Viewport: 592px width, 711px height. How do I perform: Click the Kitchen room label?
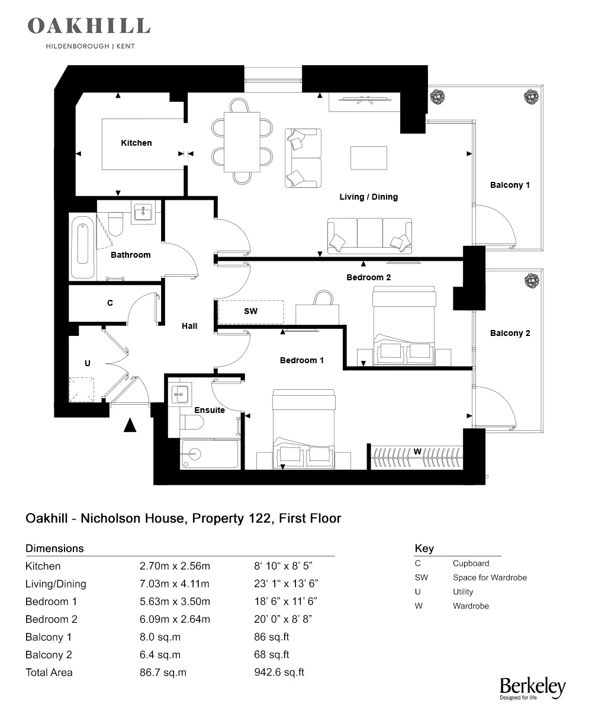[x=136, y=143]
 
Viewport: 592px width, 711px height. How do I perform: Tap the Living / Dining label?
[x=368, y=197]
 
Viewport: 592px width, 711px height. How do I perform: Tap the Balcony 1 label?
[x=510, y=185]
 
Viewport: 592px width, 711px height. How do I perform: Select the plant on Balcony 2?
[x=531, y=279]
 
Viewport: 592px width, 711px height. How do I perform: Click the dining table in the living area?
[x=243, y=142]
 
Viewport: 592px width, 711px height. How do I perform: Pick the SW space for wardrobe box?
[x=251, y=311]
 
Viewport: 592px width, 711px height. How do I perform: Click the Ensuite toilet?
[x=191, y=422]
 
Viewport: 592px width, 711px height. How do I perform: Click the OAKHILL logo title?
[x=89, y=26]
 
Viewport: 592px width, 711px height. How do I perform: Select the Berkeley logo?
[x=532, y=687]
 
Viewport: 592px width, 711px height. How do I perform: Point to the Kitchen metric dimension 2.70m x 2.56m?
[x=175, y=566]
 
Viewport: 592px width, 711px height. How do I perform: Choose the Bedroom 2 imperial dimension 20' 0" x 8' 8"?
[x=282, y=619]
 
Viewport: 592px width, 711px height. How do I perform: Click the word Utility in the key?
[x=463, y=592]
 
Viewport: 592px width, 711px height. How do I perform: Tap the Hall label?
[x=189, y=326]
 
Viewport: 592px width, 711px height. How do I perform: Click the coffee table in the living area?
[x=369, y=158]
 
